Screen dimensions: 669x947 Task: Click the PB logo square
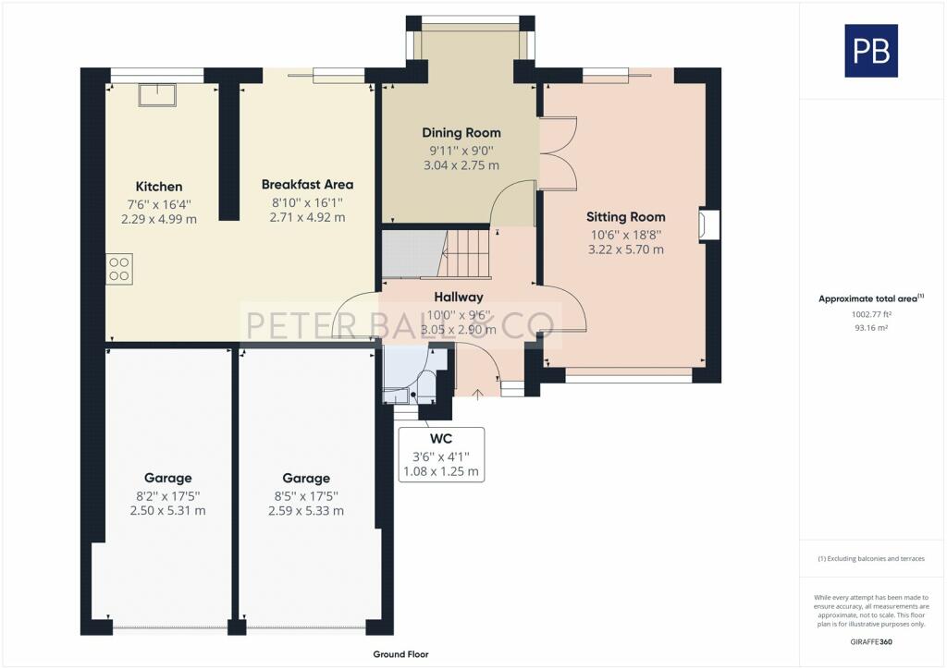pos(871,51)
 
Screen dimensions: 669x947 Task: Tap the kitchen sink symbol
pos(157,94)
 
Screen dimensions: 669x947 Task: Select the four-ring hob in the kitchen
pos(119,269)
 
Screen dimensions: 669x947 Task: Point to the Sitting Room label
pos(626,217)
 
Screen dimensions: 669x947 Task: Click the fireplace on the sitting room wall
pos(709,225)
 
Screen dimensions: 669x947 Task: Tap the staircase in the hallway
pos(467,253)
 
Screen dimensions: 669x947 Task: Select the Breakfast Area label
pos(307,184)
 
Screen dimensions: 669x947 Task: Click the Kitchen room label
pos(159,187)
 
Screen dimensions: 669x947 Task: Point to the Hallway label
pos(459,298)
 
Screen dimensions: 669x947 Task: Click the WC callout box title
pos(441,437)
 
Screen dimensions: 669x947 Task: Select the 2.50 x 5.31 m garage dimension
pos(167,511)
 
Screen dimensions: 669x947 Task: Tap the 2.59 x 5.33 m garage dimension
pos(306,511)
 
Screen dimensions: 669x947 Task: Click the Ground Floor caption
pos(400,654)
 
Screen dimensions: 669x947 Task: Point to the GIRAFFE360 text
pos(871,641)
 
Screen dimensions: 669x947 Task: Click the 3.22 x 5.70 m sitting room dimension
pos(626,249)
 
